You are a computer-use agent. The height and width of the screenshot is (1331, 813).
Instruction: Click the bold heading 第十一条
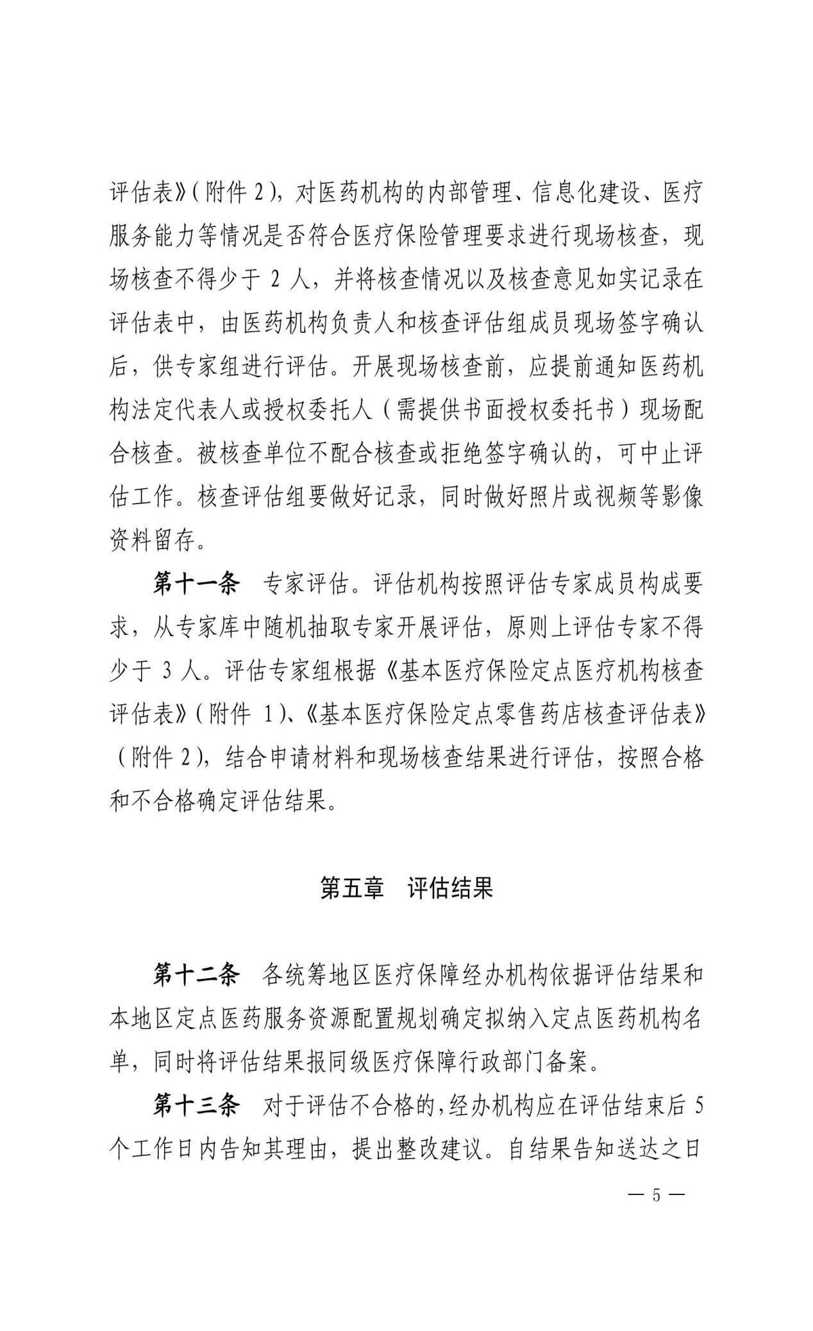[x=196, y=584]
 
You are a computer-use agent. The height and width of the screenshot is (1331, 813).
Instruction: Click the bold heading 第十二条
[x=196, y=976]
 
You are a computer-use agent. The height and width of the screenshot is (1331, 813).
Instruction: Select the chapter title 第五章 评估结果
[x=406, y=888]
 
